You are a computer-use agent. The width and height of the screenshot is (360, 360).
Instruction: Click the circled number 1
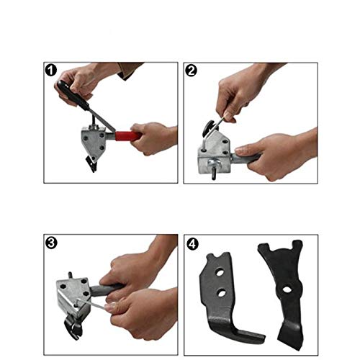tap(51, 71)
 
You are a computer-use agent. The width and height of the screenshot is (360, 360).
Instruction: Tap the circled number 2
tap(192, 71)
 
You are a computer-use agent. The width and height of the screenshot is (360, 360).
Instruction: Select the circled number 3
tap(51, 243)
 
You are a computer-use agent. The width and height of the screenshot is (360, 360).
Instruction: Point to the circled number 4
tap(192, 244)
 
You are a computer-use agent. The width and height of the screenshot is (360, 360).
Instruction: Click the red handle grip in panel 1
tap(128, 136)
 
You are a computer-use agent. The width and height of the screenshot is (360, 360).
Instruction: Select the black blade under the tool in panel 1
tap(91, 163)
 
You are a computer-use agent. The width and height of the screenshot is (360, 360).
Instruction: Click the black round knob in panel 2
tap(210, 128)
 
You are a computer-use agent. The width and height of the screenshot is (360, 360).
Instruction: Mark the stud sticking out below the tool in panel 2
tap(213, 176)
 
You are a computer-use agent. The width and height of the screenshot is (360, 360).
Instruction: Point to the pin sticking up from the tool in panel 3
tap(71, 275)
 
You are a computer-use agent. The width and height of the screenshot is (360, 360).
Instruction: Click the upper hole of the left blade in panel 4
tap(220, 273)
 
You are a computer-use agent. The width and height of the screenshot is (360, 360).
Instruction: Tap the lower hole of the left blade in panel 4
tap(222, 292)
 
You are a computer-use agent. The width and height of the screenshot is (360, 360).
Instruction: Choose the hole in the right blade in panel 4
tap(286, 289)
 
